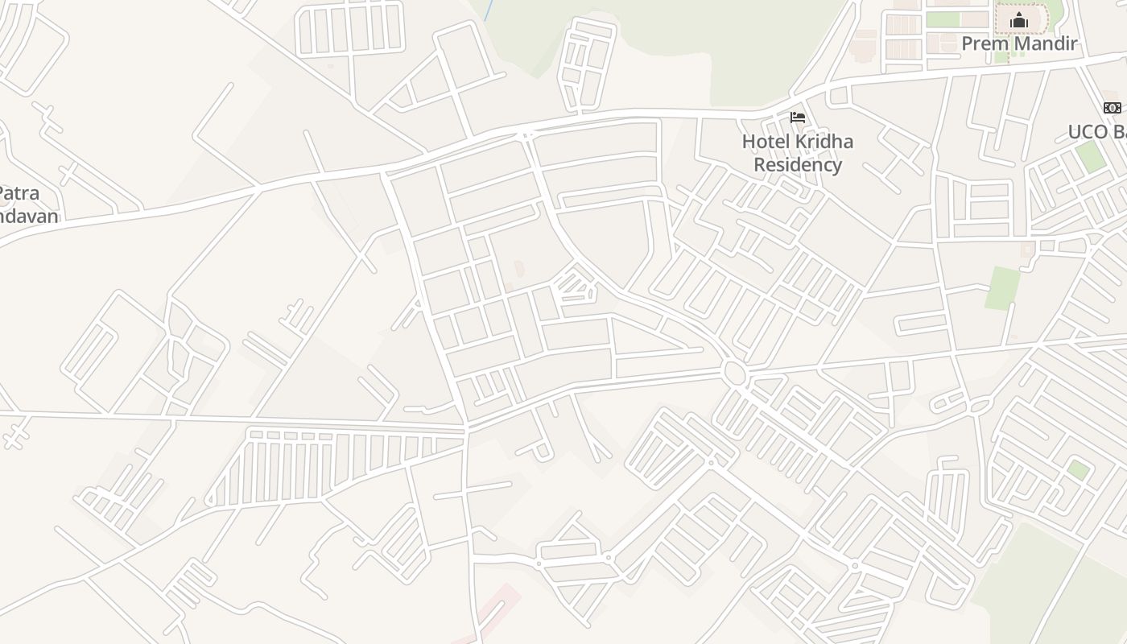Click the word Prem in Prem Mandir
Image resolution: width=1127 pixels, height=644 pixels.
pos(985,43)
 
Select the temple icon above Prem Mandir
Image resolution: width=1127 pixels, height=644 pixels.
pos(1019,19)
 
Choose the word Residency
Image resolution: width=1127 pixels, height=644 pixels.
pos(798,165)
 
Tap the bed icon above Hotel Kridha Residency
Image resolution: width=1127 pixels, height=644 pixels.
pos(798,118)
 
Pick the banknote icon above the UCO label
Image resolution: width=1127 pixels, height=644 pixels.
pos(1112,108)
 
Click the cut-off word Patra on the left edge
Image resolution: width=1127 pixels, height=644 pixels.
pos(18,194)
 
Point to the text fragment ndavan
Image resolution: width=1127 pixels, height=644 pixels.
pos(29,217)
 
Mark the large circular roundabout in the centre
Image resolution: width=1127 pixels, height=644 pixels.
pos(733,373)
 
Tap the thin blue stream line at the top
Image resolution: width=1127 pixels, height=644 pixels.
pos(488,10)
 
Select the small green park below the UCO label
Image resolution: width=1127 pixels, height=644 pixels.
pos(1091,156)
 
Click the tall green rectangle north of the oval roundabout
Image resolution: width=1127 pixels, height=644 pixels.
pos(1002,288)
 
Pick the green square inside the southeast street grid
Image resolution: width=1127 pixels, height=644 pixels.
pos(1078,470)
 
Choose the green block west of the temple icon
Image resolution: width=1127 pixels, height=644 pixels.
pos(943,19)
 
